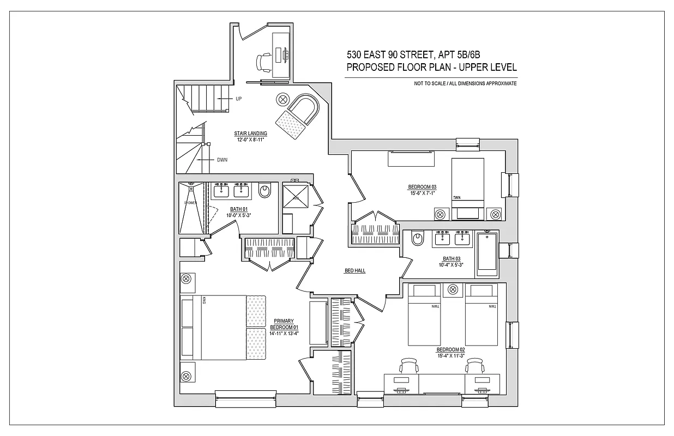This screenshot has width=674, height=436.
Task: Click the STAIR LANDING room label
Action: click(x=252, y=133)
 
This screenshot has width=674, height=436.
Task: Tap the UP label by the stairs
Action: click(x=238, y=99)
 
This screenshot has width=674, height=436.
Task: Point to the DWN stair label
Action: click(x=222, y=160)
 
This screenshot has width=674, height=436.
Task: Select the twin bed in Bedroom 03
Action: click(x=467, y=183)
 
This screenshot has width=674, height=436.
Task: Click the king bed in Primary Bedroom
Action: click(x=224, y=327)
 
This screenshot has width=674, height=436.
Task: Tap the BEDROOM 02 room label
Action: click(x=450, y=350)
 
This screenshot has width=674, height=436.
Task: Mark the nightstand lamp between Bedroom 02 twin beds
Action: click(x=453, y=289)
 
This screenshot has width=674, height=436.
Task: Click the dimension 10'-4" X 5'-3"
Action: click(x=450, y=265)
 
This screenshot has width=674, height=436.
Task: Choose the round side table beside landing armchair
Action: click(x=283, y=99)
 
